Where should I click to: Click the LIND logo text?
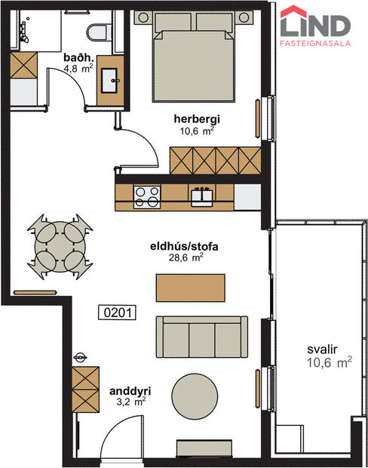pos(315,25)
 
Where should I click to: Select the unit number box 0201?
pos(118,311)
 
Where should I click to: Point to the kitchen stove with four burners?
pos(146,196)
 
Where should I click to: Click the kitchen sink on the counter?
pos(202,196)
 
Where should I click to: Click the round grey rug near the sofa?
pos(198,395)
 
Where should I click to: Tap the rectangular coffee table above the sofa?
pos(191,287)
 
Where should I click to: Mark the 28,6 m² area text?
pos(189,257)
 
